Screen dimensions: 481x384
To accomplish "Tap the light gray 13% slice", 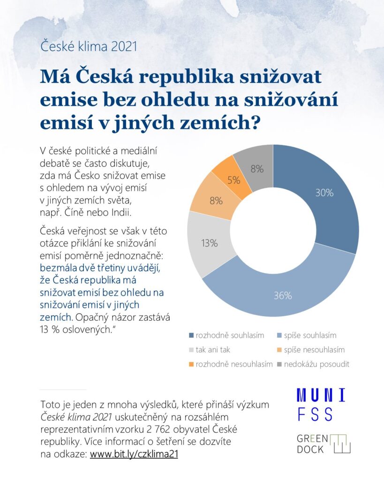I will [x=210, y=243].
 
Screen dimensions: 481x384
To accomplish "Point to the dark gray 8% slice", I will [x=257, y=168].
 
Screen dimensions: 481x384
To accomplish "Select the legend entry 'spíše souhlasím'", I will [x=309, y=335].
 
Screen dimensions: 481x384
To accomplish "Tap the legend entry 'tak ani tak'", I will [x=212, y=350].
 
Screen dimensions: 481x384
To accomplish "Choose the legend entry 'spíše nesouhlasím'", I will [x=314, y=350].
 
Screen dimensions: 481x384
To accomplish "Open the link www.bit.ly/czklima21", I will [x=134, y=455].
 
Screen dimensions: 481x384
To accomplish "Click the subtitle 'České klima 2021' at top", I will [x=89, y=47].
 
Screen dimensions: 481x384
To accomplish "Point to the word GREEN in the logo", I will [x=312, y=438].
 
